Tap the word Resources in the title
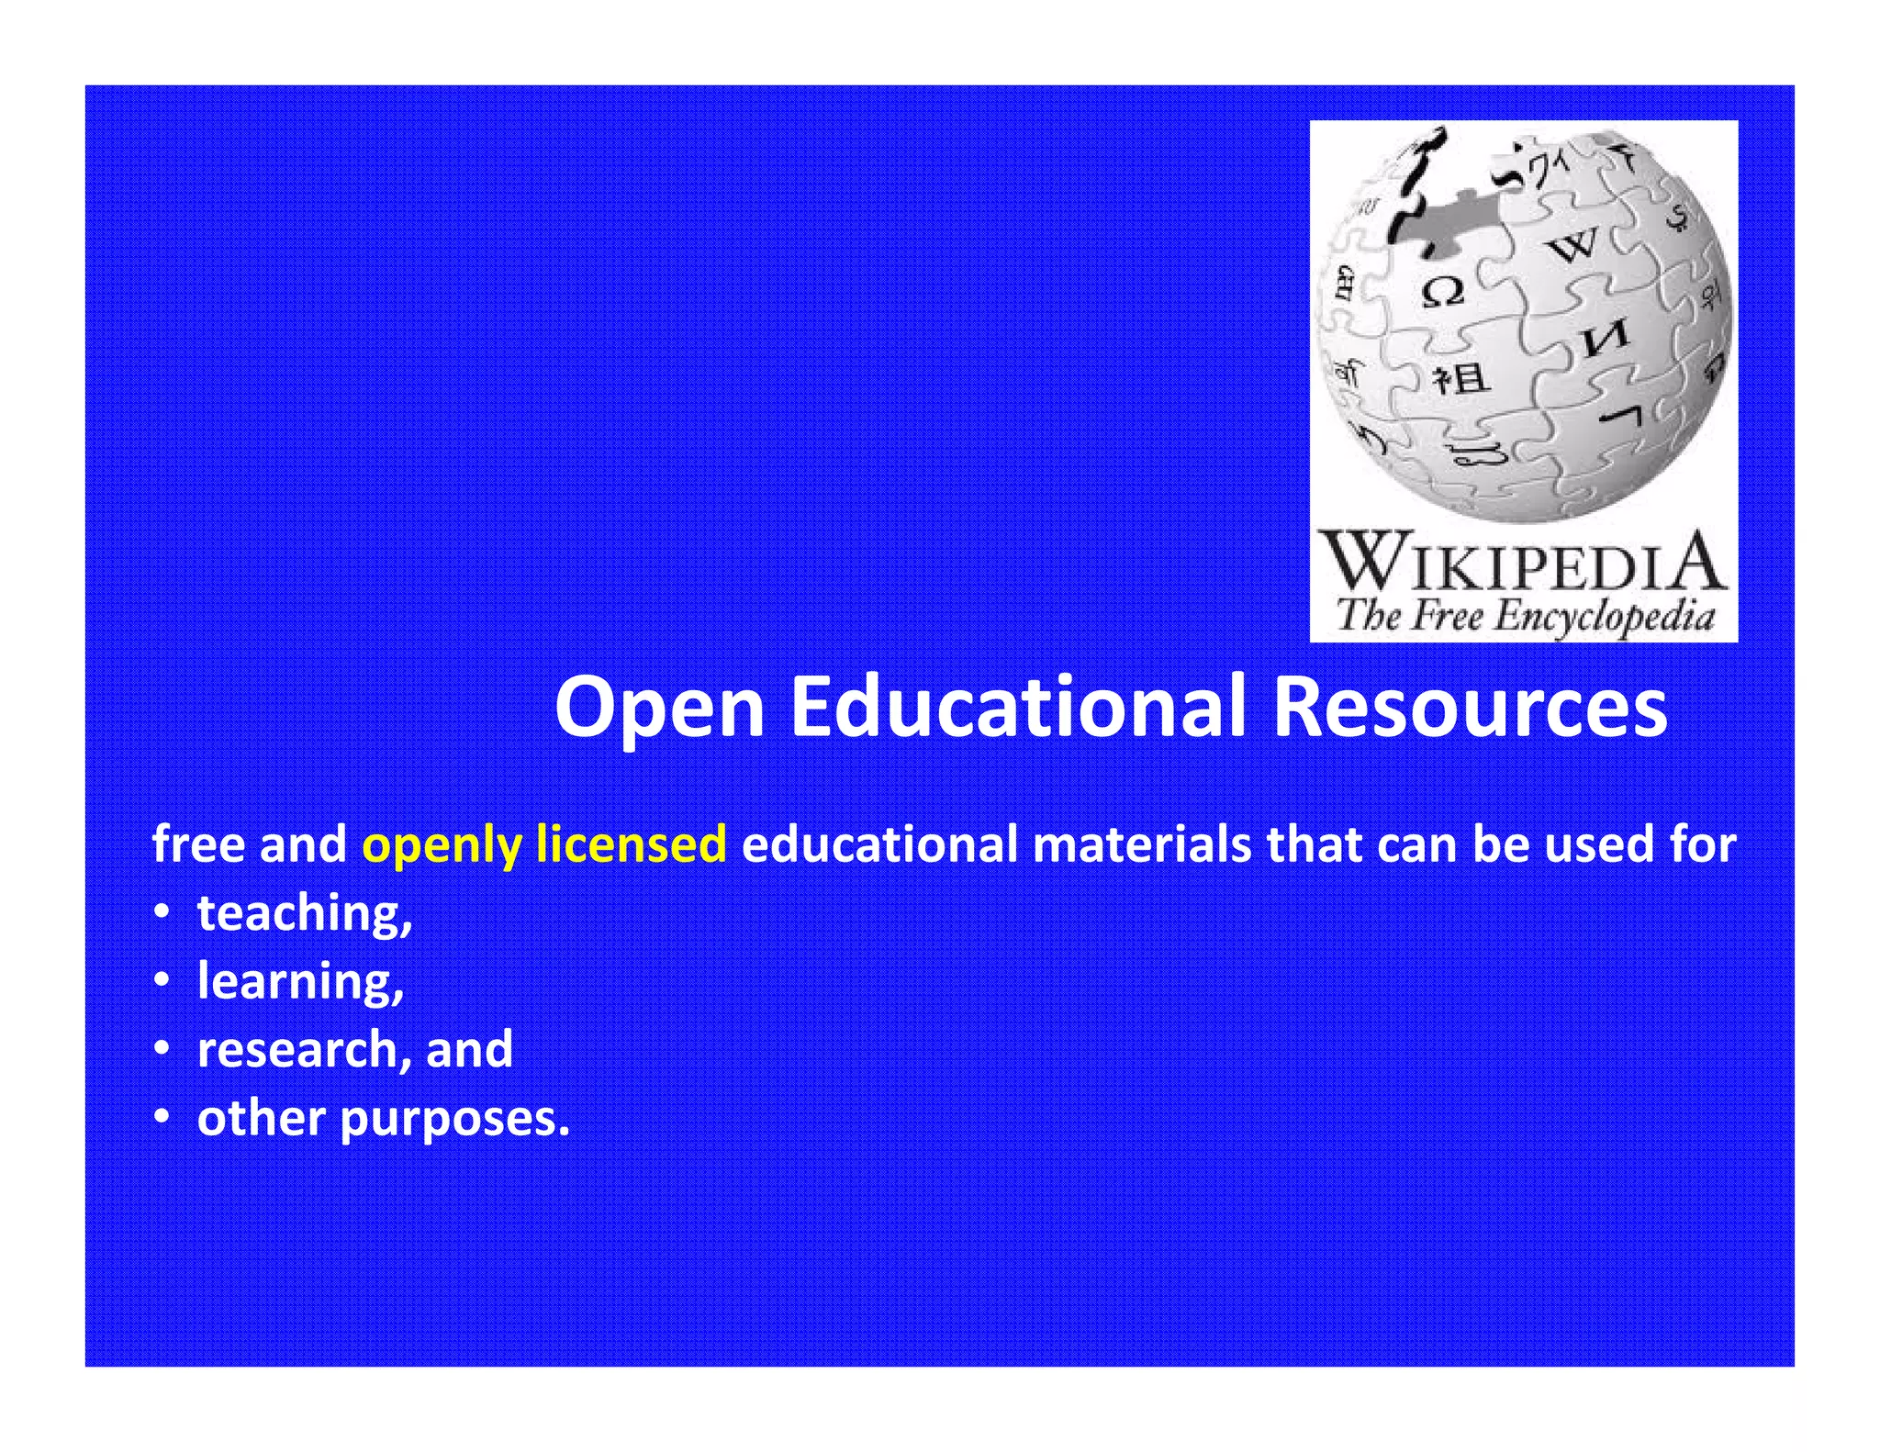point(1470,708)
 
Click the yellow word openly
point(442,845)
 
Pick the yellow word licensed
point(632,843)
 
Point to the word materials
point(1142,843)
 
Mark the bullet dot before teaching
point(162,913)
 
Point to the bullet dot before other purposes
point(162,1118)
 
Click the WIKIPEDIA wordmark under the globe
point(1523,563)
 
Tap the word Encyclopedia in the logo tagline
point(1604,616)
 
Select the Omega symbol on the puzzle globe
point(1443,293)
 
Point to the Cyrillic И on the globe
point(1606,339)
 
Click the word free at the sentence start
point(198,843)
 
